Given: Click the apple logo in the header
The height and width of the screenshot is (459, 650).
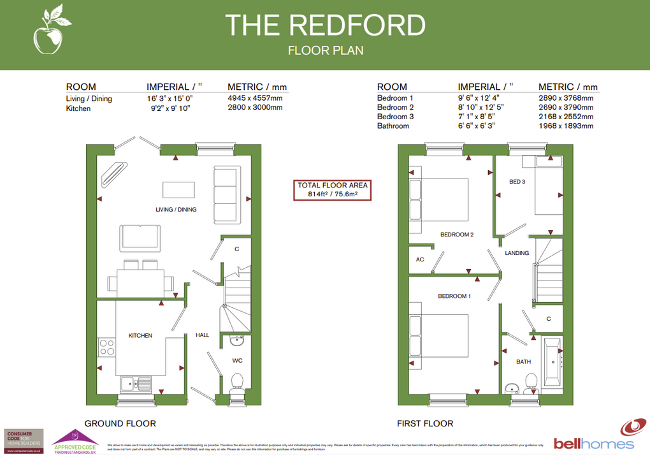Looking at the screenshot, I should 47,32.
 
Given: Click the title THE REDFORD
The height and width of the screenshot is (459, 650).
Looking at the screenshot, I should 325,25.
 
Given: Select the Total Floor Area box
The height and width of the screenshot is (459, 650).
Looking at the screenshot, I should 333,190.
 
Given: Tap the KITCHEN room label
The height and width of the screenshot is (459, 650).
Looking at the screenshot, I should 140,335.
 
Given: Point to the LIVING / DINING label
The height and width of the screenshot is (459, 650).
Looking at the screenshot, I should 176,210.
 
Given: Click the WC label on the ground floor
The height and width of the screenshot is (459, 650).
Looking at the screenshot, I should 237,361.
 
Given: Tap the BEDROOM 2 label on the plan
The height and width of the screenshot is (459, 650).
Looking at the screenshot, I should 457,235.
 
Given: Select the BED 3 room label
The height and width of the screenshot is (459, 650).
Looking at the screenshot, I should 517,182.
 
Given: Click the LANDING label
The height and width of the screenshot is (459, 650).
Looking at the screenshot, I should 517,253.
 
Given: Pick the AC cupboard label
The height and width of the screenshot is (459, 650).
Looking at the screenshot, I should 420,259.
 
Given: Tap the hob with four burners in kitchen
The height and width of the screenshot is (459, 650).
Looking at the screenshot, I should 106,348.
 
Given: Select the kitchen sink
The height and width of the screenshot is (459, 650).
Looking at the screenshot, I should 135,384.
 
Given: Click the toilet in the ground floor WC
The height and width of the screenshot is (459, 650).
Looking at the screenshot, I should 238,383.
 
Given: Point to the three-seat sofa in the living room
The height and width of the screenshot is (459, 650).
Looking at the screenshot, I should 226,194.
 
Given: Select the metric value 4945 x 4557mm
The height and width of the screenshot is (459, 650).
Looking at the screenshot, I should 255,99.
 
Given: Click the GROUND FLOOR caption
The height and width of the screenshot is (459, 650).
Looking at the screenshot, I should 120,423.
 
